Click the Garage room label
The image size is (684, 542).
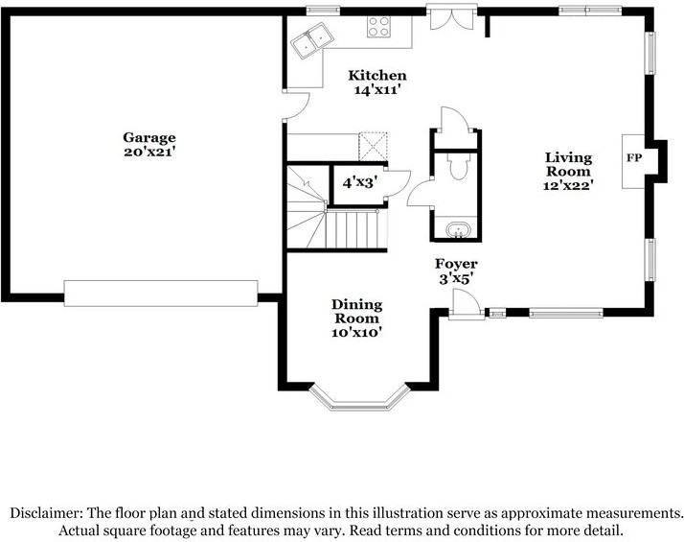coord(148,137)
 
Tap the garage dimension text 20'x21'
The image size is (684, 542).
coord(148,152)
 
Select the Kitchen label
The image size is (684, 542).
coord(376,75)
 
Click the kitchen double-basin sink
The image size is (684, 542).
coord(312,41)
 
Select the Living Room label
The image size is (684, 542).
coord(568,164)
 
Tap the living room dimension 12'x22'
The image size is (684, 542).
coord(568,186)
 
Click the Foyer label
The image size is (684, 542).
coord(456,264)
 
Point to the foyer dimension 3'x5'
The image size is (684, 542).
coord(456,278)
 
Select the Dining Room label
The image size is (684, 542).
coord(356,311)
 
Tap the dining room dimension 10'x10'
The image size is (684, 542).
coord(356,332)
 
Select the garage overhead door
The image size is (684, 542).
coord(161,294)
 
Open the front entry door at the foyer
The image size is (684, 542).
coord(466,306)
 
